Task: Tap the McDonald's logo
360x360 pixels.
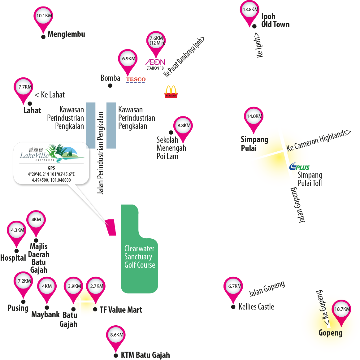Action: (171, 92)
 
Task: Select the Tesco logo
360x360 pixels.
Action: (136, 80)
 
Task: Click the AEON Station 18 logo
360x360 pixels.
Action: (155, 64)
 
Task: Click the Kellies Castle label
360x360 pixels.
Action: (256, 307)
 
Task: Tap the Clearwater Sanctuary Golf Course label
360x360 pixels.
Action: (140, 257)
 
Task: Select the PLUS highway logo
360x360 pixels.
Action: (299, 167)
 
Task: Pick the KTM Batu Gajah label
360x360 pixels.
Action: (145, 355)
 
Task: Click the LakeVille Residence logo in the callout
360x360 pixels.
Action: (52, 153)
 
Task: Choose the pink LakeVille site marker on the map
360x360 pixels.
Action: (111, 227)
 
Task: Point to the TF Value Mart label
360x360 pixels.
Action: (121, 310)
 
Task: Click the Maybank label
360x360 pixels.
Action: (46, 315)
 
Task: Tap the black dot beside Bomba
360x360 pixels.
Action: (110, 86)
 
